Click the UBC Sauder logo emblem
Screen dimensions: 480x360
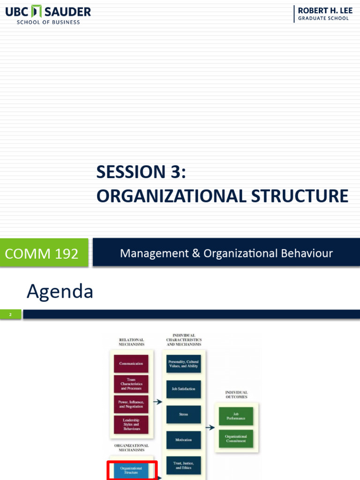click(x=37, y=12)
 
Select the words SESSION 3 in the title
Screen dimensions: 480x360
click(x=141, y=172)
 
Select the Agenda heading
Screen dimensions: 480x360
click(x=60, y=292)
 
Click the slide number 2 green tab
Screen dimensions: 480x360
click(x=10, y=315)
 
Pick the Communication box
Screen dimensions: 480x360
click(x=131, y=364)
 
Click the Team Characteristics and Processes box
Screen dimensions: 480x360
click(x=131, y=384)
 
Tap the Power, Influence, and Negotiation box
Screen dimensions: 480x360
click(x=131, y=404)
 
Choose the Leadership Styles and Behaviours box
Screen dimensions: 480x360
click(x=131, y=424)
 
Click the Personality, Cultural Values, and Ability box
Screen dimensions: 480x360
click(x=183, y=364)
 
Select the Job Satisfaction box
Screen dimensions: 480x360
click(x=183, y=389)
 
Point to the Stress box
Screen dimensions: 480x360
click(x=183, y=414)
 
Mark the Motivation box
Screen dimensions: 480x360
click(x=183, y=440)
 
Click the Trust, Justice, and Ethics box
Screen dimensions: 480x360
click(x=183, y=465)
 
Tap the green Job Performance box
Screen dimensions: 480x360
click(x=236, y=416)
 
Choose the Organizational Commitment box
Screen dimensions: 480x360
click(x=236, y=439)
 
